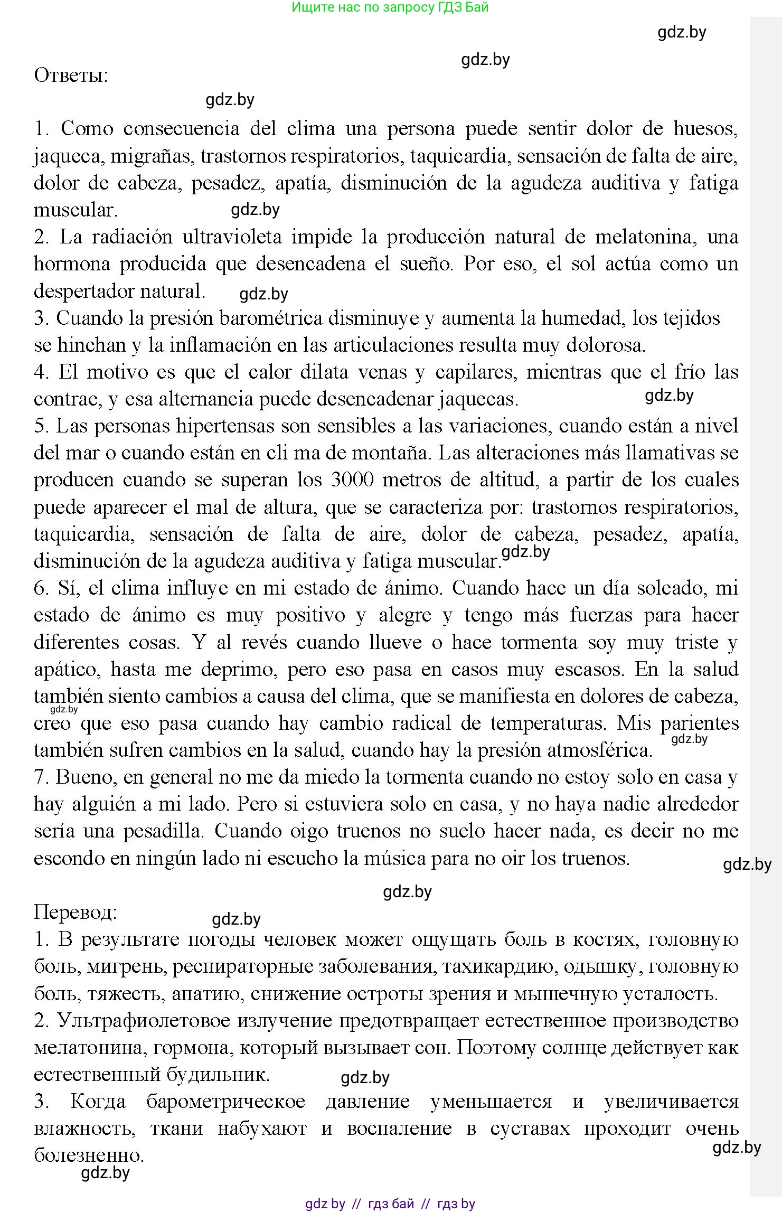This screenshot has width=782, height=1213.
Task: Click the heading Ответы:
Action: click(x=71, y=75)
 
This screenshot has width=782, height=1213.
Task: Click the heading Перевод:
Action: click(x=75, y=912)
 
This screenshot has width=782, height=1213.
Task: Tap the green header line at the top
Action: click(x=390, y=7)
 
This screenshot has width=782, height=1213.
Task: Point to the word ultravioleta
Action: click(x=232, y=237)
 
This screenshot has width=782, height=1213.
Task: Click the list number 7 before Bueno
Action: click(x=41, y=777)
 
